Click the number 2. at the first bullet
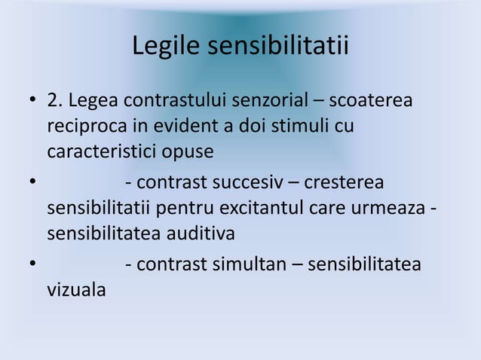coord(56,101)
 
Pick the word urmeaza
coord(397,209)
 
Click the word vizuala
coord(76,291)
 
